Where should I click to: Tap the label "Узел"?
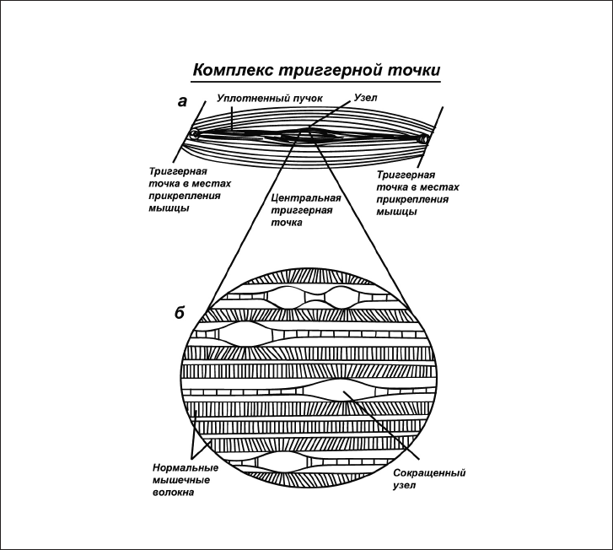coord(365,98)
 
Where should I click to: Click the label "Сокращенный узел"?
coord(429,479)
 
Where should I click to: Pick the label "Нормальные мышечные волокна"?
coord(186,480)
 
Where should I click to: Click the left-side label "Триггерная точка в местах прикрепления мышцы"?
coord(184,190)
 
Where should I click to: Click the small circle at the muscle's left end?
coord(195,134)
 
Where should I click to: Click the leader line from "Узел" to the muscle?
coord(331,115)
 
